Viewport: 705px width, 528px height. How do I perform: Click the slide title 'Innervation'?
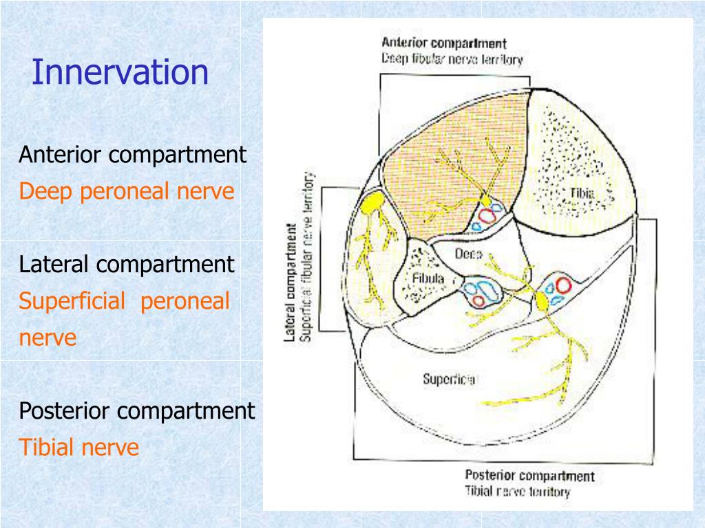[x=120, y=73]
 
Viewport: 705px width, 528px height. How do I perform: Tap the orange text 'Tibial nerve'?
[x=78, y=448]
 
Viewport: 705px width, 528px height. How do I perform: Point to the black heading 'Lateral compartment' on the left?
[x=127, y=265]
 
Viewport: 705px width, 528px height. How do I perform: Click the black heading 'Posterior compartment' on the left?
[x=136, y=412]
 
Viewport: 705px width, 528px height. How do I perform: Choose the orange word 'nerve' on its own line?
[x=48, y=338]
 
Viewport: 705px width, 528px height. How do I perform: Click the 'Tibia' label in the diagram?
[x=583, y=192]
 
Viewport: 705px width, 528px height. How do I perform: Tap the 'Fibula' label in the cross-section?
[x=428, y=278]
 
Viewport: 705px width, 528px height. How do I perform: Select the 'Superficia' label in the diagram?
[x=449, y=378]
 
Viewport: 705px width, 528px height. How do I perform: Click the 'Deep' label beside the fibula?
[x=468, y=253]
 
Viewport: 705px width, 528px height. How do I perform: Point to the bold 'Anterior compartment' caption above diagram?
[x=444, y=45]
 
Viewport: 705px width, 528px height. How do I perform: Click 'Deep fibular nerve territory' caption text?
[x=452, y=58]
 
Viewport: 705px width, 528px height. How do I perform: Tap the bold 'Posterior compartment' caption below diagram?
[x=529, y=476]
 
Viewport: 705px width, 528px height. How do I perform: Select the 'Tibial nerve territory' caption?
[x=517, y=491]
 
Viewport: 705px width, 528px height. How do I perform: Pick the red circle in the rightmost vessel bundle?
[x=564, y=285]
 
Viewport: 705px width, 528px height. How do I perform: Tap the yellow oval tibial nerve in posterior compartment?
[x=542, y=300]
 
